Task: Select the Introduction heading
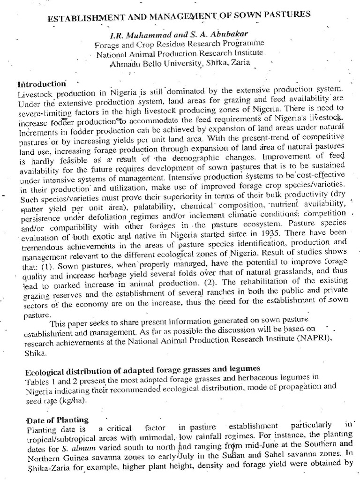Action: tap(41, 84)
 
